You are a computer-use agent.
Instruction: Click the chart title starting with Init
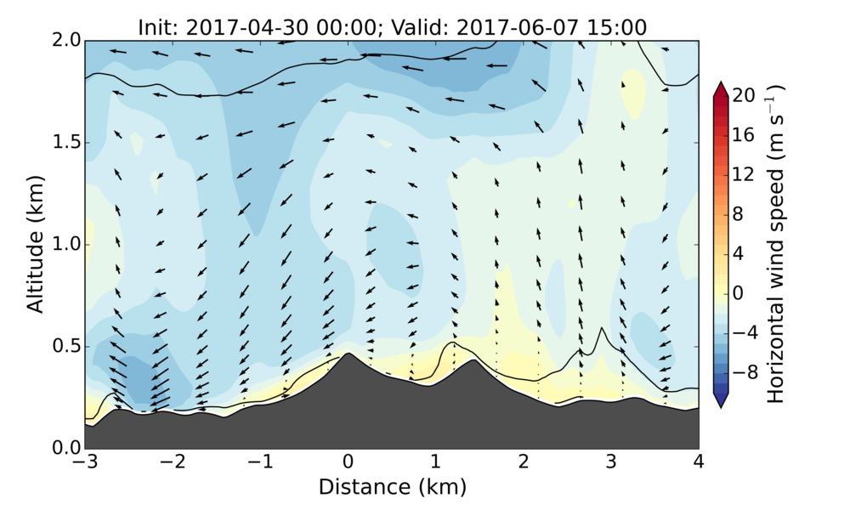tap(392, 27)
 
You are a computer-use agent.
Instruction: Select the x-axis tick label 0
tap(348, 463)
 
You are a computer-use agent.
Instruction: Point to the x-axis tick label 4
tap(699, 463)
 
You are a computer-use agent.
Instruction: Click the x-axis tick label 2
tap(524, 463)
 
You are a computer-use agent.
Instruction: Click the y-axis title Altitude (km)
tap(35, 245)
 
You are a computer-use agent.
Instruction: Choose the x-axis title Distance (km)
tap(392, 487)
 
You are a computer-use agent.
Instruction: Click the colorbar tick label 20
tap(745, 96)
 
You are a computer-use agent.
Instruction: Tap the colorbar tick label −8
tap(743, 372)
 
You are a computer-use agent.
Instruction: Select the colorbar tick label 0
tap(739, 293)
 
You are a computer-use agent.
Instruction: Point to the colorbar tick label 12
tap(745, 175)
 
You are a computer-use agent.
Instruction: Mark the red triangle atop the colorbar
tap(720, 88)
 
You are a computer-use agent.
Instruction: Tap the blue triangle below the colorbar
tap(720, 401)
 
